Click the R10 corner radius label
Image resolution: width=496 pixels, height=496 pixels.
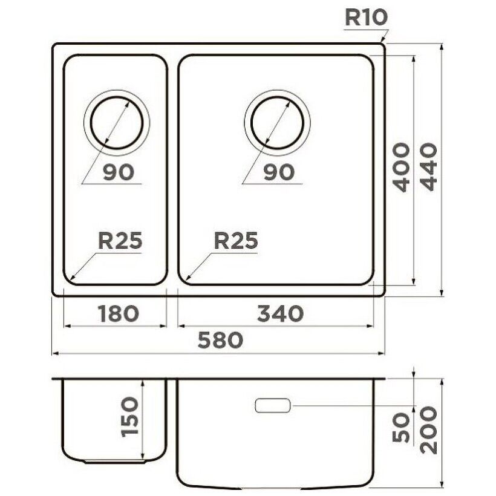click(366, 18)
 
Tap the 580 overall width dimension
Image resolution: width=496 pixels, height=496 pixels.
click(221, 340)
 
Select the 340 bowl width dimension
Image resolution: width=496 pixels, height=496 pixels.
click(280, 313)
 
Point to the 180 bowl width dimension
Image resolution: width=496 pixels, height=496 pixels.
click(119, 313)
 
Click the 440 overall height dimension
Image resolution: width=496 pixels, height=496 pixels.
click(429, 167)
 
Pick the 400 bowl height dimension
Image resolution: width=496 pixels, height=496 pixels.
click(402, 168)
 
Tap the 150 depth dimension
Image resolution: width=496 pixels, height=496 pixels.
click(130, 417)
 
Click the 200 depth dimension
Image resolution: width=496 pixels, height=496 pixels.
click(429, 431)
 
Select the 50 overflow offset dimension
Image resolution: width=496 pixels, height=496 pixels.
click(402, 428)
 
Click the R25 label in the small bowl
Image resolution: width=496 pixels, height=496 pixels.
click(120, 240)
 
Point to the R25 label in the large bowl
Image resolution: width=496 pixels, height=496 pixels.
click(236, 240)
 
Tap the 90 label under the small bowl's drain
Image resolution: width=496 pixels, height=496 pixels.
click(119, 173)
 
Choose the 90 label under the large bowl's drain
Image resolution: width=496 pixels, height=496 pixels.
click(279, 173)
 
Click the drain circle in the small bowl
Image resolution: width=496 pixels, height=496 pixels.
click(117, 96)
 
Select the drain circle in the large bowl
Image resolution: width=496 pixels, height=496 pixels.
click(277, 96)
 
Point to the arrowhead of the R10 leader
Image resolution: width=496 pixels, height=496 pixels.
click(382, 40)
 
